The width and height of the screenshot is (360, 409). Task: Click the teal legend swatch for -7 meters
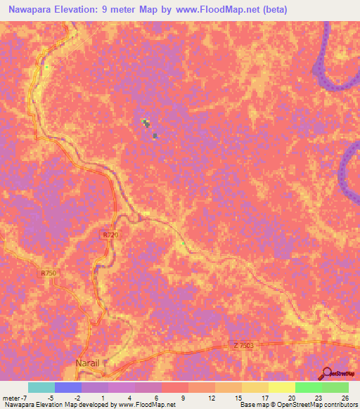point(41,387)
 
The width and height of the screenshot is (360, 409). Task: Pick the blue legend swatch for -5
point(68,387)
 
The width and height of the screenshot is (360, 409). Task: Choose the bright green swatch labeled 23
point(308,387)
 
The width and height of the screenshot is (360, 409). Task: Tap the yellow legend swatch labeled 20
point(281,387)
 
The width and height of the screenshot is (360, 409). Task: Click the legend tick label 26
point(344,398)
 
